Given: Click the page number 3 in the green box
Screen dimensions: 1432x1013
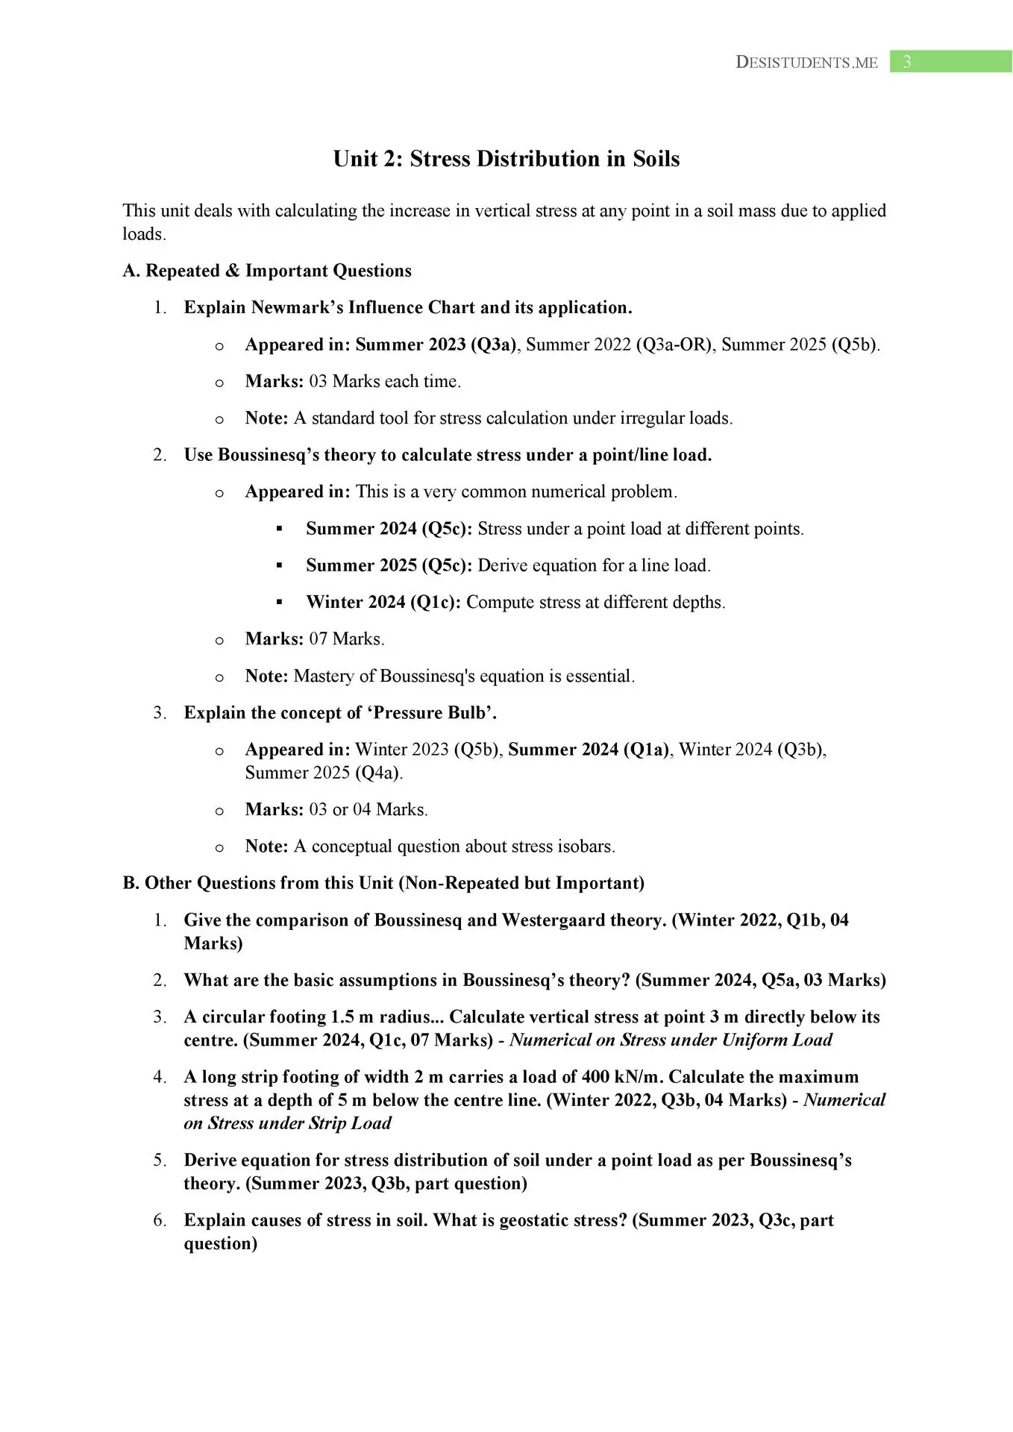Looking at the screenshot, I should click(906, 62).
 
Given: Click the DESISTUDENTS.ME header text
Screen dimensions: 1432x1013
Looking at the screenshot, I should click(806, 63).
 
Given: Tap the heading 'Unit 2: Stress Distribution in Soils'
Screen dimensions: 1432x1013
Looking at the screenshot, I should click(506, 159).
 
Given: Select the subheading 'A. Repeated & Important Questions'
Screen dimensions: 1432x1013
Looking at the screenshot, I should click(267, 271).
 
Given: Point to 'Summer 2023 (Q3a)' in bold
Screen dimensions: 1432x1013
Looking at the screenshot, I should click(435, 345).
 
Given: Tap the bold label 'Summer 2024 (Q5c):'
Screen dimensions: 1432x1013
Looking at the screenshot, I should click(389, 529).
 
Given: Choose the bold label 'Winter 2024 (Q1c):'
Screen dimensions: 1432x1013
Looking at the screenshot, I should click(383, 602).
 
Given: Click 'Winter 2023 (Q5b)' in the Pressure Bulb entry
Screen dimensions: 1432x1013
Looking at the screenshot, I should click(427, 750).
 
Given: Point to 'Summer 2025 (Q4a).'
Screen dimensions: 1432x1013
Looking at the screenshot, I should click(324, 773).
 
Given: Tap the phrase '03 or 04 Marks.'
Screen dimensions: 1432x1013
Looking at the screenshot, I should click(368, 809).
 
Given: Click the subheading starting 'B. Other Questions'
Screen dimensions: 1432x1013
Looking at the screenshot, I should click(383, 883).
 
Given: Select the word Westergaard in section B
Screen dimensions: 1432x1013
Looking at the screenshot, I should click(553, 920).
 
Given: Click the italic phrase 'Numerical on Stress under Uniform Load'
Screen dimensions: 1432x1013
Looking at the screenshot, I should click(671, 1040).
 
